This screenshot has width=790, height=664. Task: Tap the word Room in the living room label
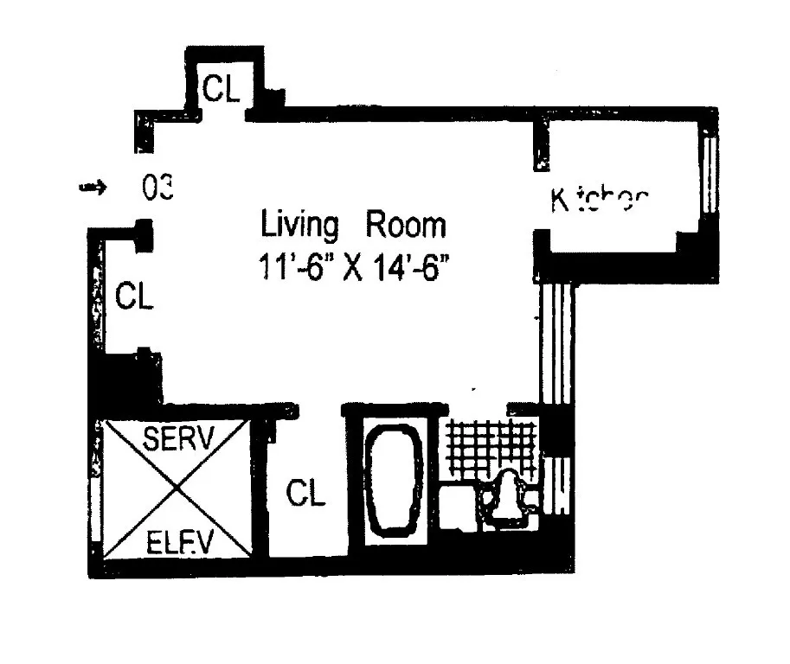coord(405,226)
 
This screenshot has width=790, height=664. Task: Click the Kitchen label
coord(599,201)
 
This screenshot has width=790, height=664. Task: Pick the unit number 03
coord(158,187)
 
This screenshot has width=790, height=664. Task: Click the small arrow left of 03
coord(91,186)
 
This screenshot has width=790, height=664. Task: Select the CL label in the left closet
coord(134,297)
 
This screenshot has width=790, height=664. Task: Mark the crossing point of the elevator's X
coord(177,489)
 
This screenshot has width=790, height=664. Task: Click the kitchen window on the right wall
coord(709,173)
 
